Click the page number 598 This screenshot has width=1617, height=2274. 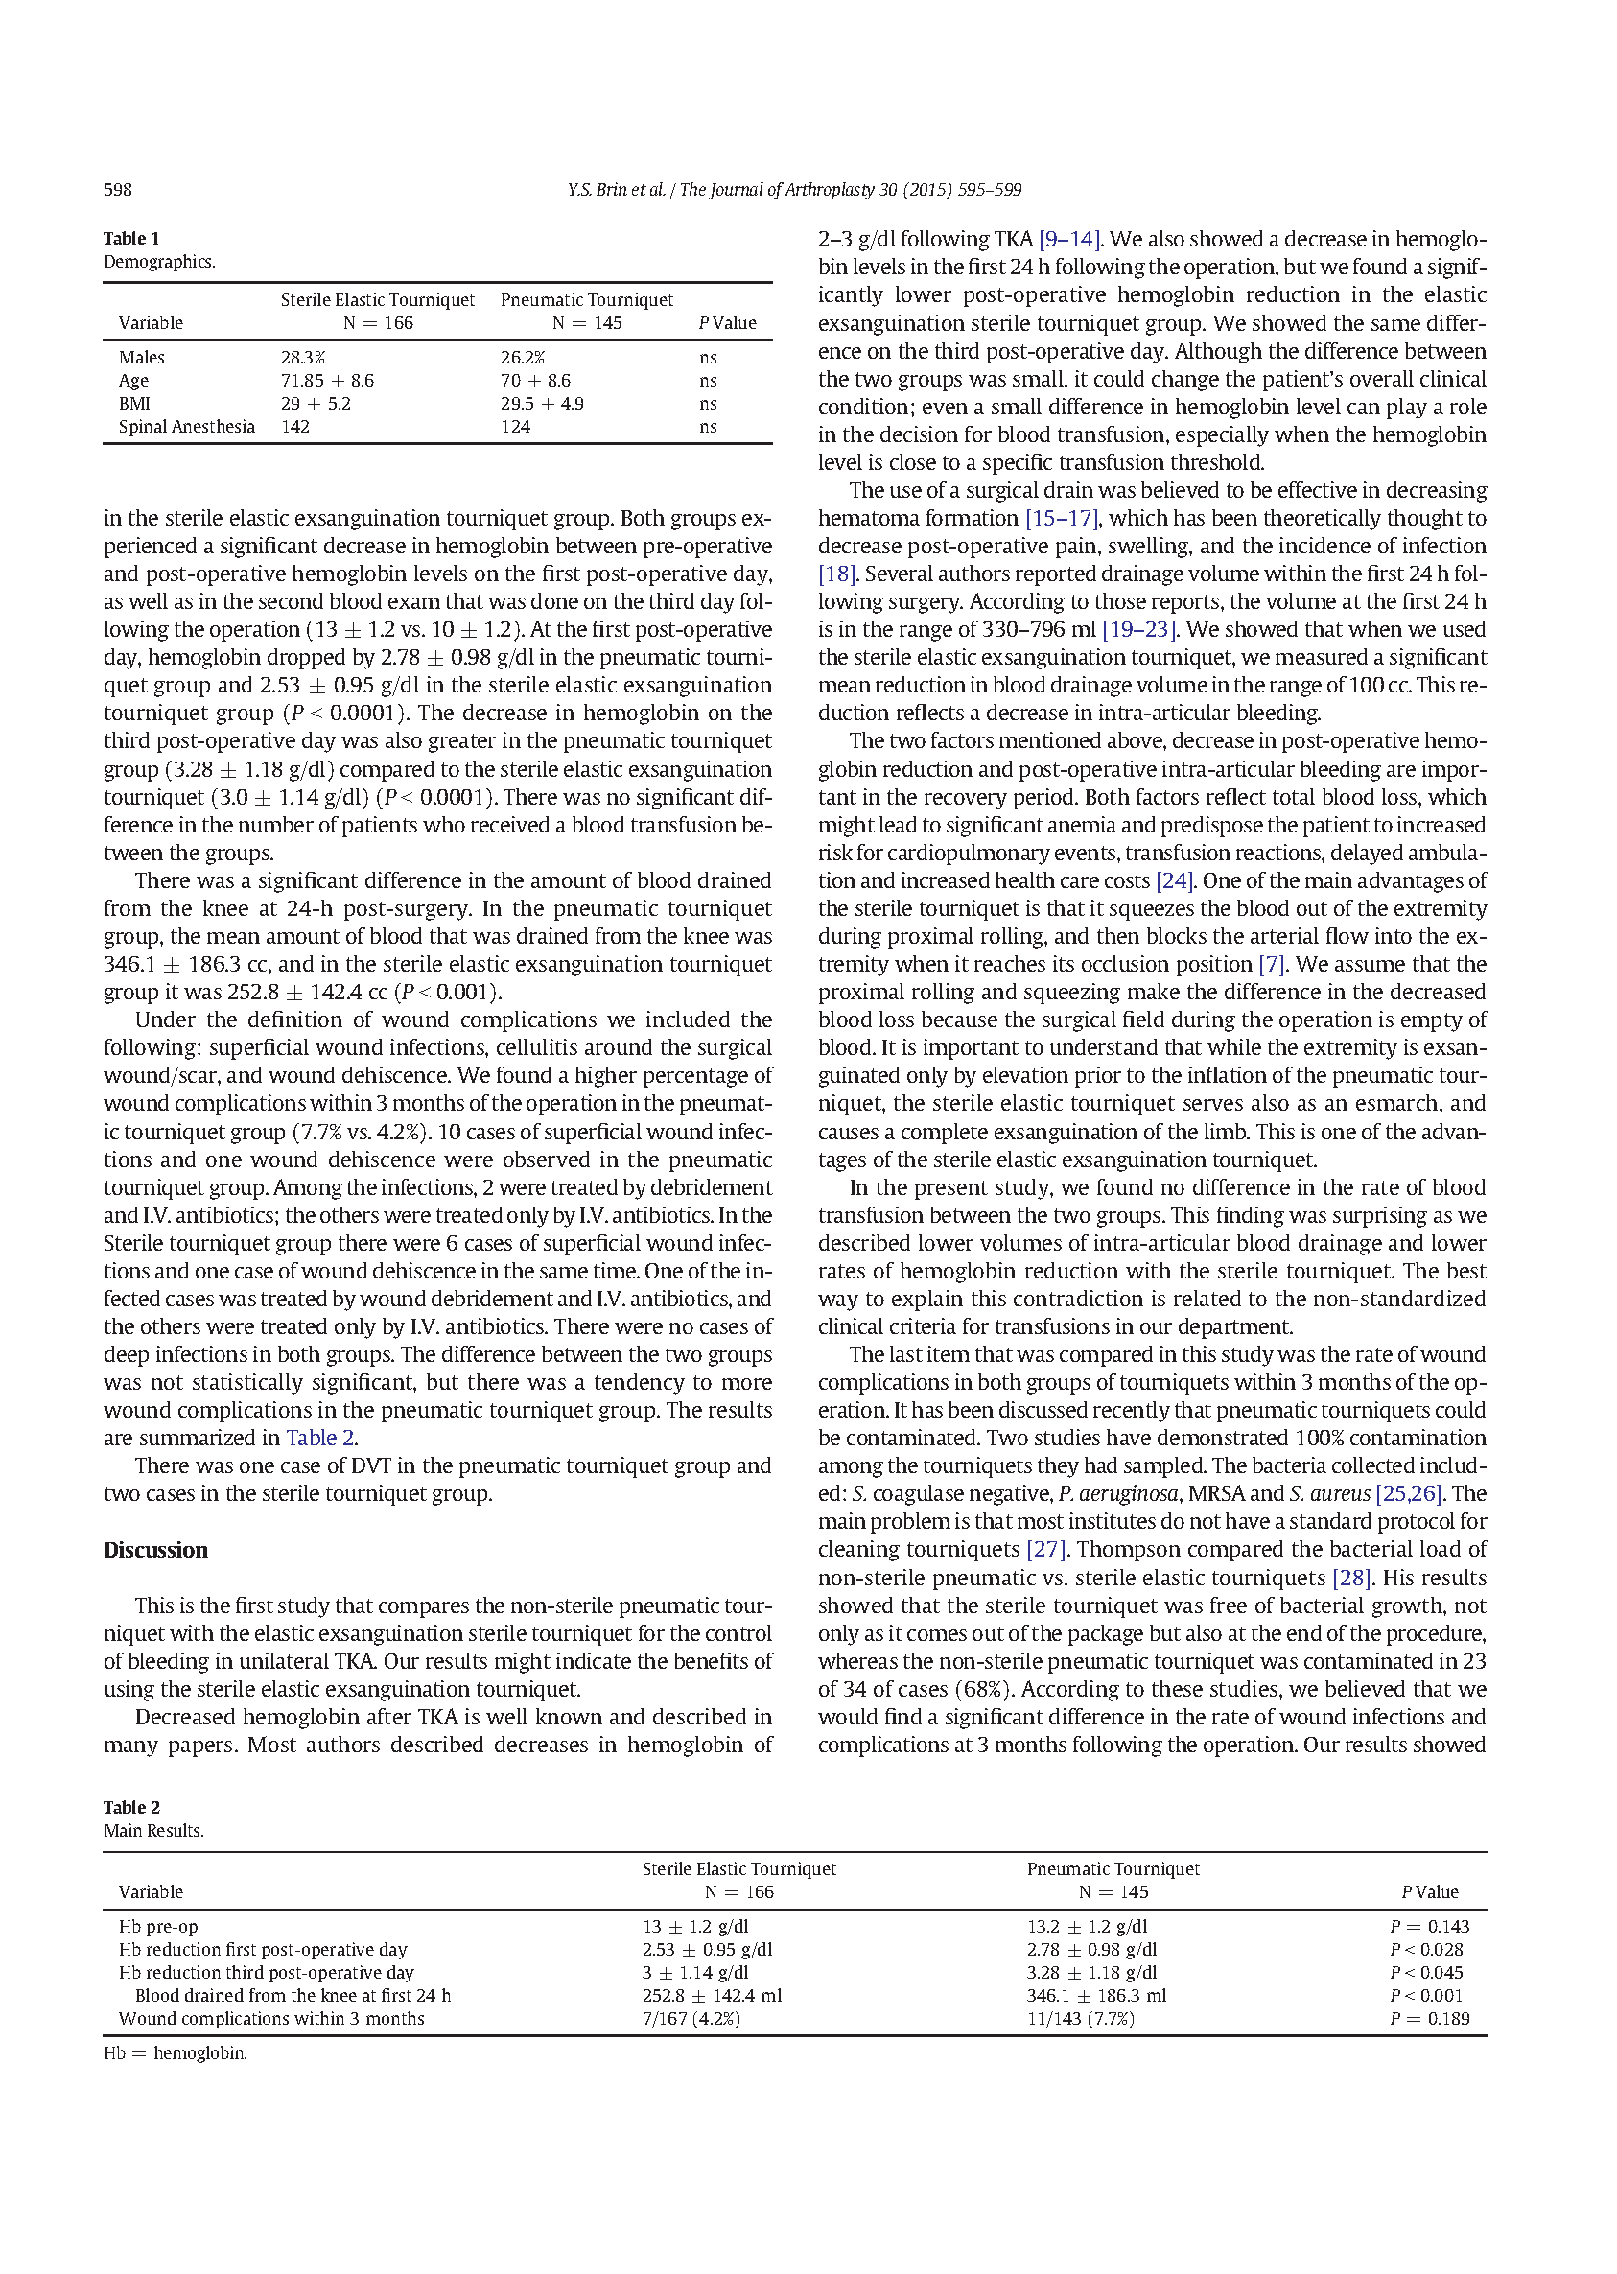(118, 190)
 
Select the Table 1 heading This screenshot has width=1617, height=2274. (131, 239)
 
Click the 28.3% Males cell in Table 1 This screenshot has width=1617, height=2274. (303, 358)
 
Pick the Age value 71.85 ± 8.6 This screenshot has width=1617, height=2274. (327, 381)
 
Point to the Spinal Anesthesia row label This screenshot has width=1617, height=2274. (186, 427)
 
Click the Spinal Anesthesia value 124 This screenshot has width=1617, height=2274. (515, 427)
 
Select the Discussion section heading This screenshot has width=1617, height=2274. (155, 1550)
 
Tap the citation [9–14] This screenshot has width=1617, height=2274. (1069, 239)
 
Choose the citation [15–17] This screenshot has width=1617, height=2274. (1062, 518)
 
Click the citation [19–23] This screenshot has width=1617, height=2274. (1139, 629)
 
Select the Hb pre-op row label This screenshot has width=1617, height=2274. (158, 1927)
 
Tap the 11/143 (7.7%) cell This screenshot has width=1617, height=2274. (1080, 2018)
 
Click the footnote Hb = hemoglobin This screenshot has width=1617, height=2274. (176, 2053)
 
